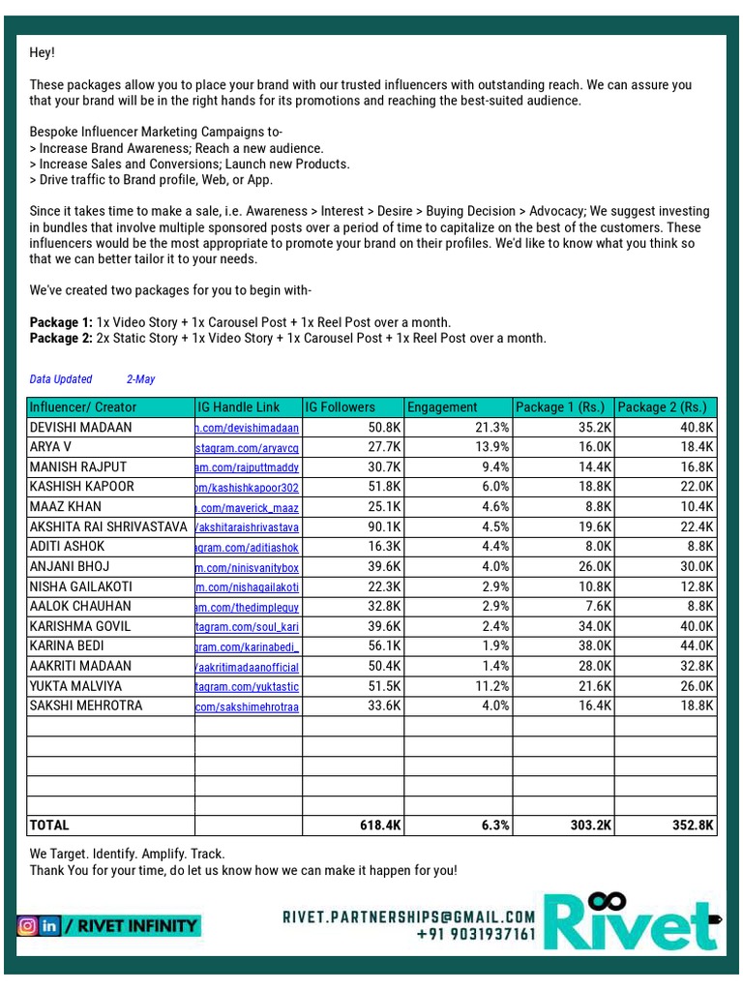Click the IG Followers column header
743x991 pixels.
(341, 407)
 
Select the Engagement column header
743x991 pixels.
(442, 407)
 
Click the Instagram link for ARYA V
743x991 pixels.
(248, 447)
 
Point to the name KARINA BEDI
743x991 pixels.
(67, 646)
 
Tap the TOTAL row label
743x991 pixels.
(50, 826)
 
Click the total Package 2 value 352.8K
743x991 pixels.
(690, 826)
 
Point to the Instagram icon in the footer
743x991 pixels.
(28, 926)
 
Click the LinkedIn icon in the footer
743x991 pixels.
(49, 926)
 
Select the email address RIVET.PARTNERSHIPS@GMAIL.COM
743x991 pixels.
(408, 916)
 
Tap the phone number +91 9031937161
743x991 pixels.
(476, 935)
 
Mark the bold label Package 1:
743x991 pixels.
(61, 322)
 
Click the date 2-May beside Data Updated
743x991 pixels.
(140, 379)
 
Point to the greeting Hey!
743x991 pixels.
(43, 53)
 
